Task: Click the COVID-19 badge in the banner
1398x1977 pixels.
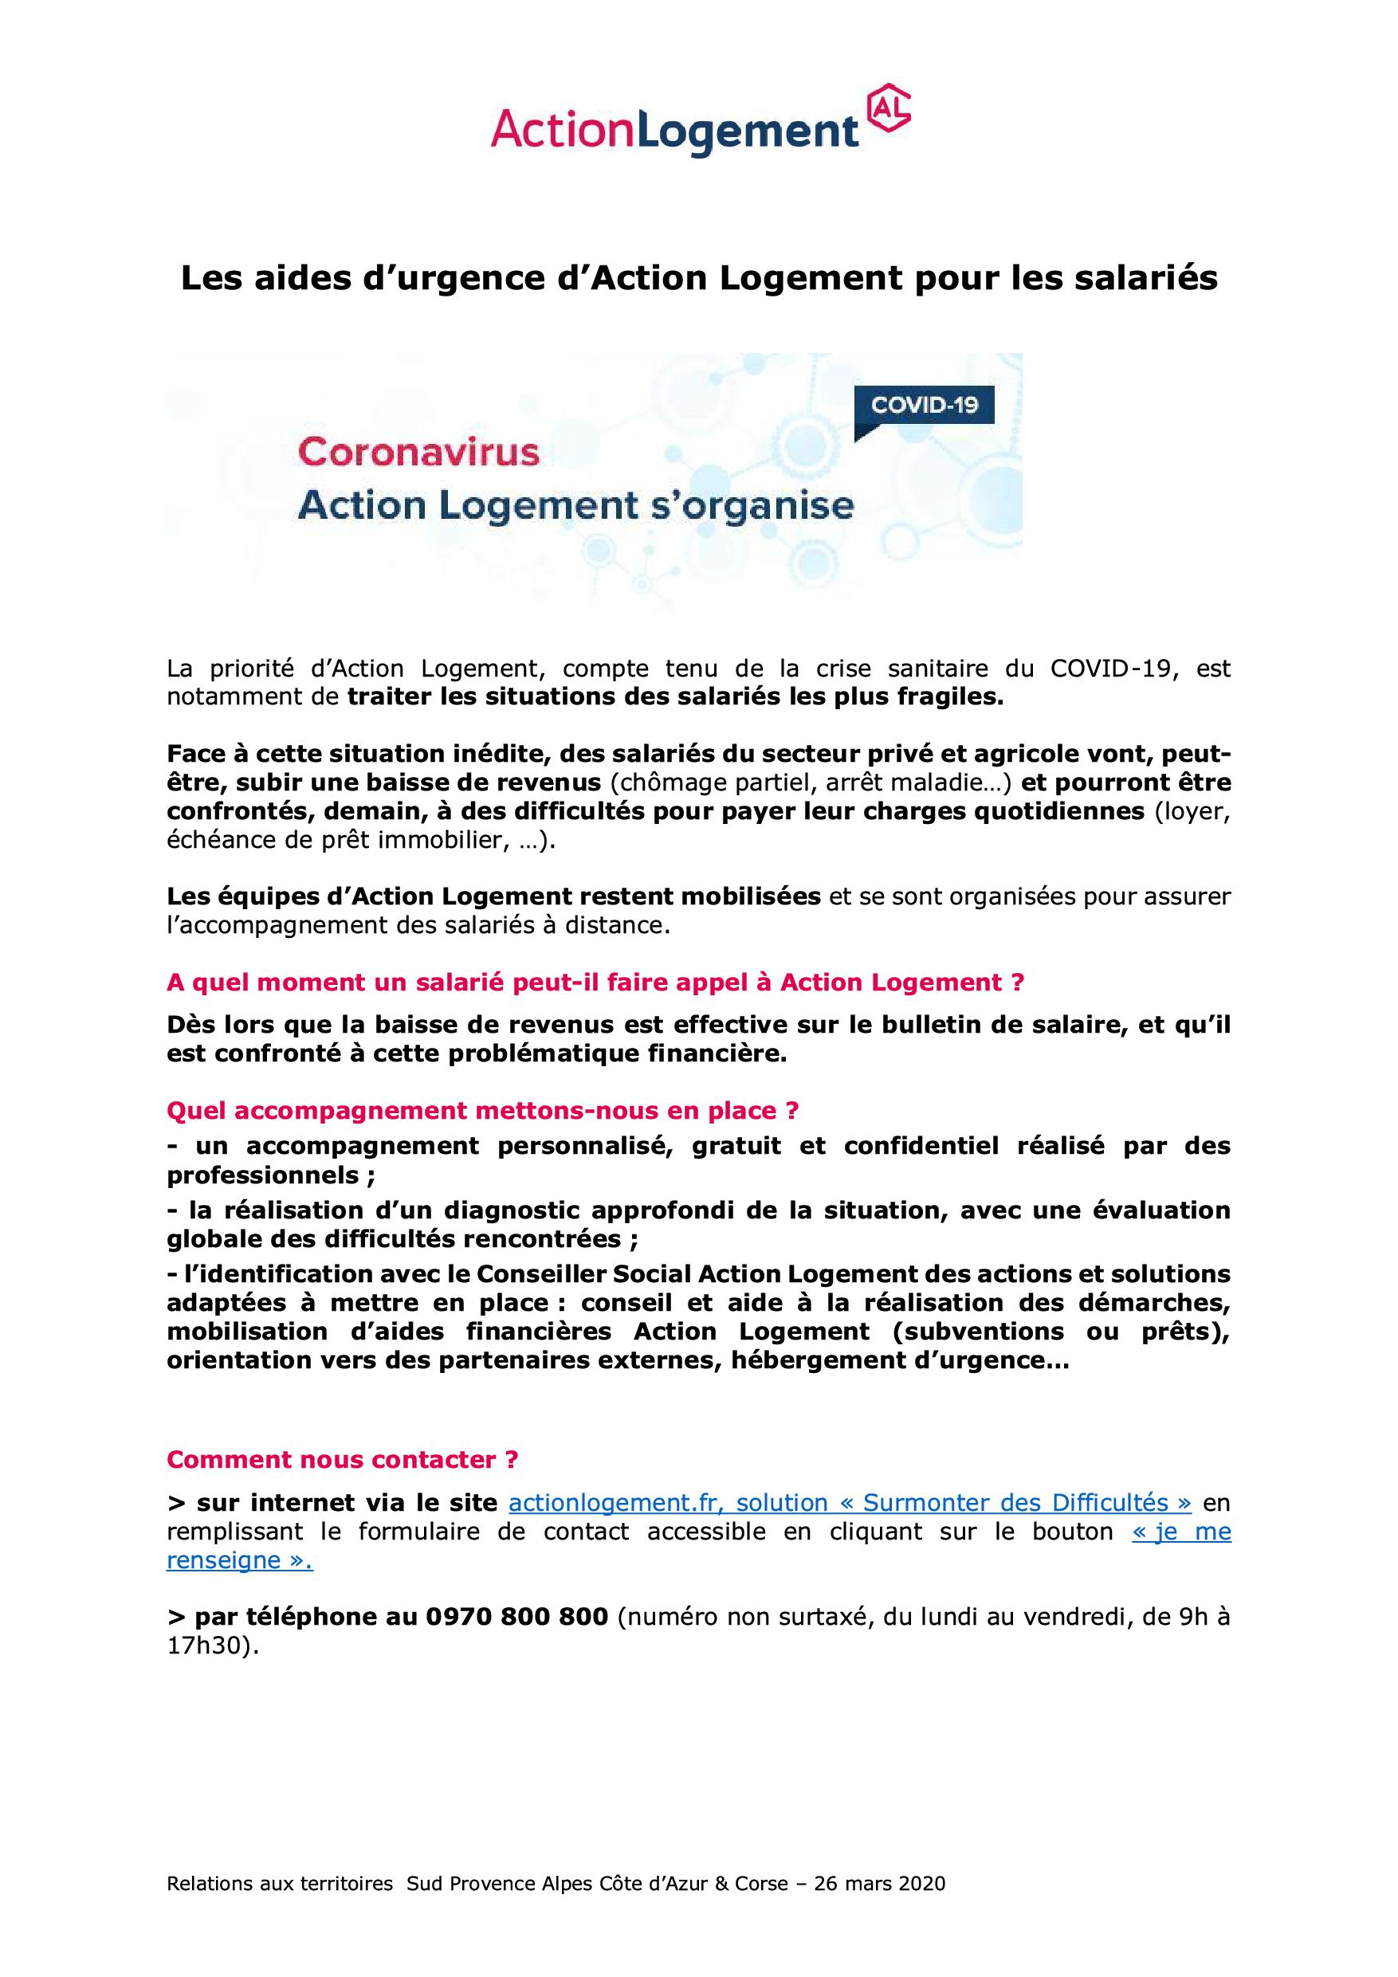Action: point(925,406)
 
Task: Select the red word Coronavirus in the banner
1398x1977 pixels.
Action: point(418,453)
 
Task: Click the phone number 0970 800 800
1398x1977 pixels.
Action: point(516,1617)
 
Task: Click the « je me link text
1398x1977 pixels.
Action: point(1181,1532)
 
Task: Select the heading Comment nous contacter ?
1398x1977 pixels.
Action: point(342,1460)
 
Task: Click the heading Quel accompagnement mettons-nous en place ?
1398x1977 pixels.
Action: point(482,1111)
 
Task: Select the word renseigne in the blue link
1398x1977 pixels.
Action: point(223,1560)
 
